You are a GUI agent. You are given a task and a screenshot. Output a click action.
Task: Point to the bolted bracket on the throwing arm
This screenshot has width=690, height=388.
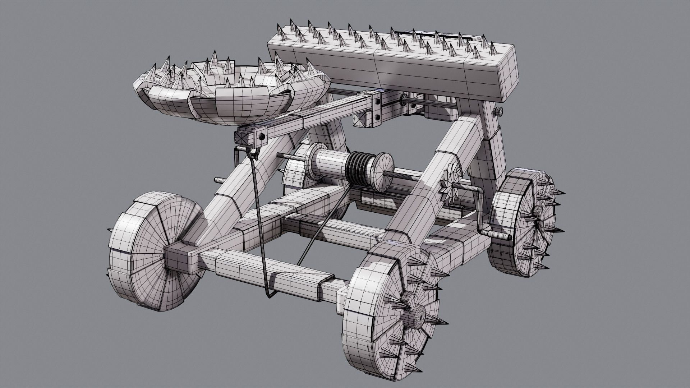pyautogui.click(x=376, y=108)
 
